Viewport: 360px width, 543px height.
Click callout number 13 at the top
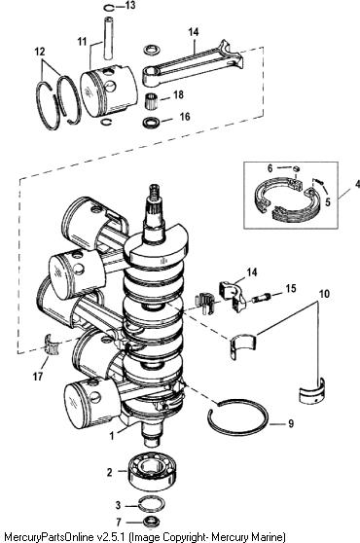(130, 6)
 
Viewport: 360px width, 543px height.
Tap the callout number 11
(82, 42)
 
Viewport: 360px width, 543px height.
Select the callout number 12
(40, 52)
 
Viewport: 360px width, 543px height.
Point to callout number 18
(178, 94)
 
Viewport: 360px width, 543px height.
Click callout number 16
(185, 117)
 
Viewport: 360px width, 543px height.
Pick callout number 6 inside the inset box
(270, 168)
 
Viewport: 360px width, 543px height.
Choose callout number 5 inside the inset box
(328, 201)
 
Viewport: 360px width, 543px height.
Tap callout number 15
(291, 288)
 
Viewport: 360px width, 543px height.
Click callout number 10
(324, 294)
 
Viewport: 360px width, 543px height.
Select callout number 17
(38, 376)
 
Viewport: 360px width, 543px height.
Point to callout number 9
(291, 423)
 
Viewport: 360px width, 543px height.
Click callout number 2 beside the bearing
(109, 472)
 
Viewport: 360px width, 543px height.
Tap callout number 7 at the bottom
(119, 522)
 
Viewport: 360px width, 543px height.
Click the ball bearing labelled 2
(152, 472)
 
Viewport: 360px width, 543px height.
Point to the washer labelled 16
(151, 122)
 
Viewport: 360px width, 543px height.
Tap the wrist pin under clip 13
(109, 38)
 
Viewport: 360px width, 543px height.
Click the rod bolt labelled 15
(261, 298)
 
